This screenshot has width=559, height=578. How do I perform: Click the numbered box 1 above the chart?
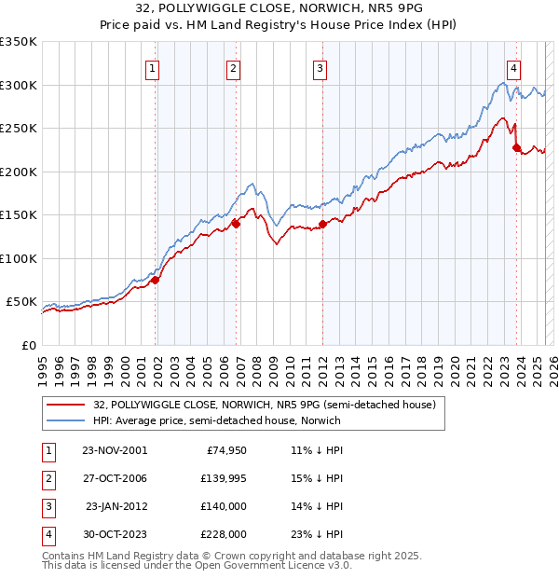pos(152,67)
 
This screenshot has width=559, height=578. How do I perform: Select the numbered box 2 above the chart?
pos(233,67)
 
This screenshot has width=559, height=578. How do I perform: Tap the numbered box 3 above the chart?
pos(320,67)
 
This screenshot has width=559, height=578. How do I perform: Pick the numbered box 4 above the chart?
pos(513,67)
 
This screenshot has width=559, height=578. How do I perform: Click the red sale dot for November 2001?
pos(156,279)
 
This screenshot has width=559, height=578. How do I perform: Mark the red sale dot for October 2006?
pos(237,223)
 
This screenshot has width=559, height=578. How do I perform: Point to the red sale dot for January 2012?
pos(322,223)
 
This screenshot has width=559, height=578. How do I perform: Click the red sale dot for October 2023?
pos(516,146)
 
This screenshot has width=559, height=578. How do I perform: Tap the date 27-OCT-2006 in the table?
pos(115,478)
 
